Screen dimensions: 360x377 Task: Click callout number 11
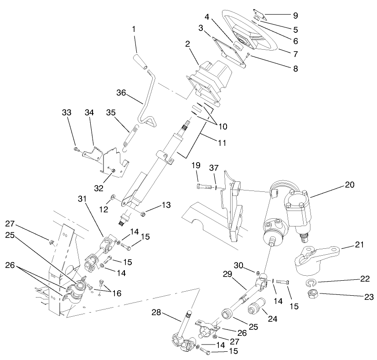pyautogui.click(x=221, y=142)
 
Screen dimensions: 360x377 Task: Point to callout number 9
pyautogui.click(x=295, y=16)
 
